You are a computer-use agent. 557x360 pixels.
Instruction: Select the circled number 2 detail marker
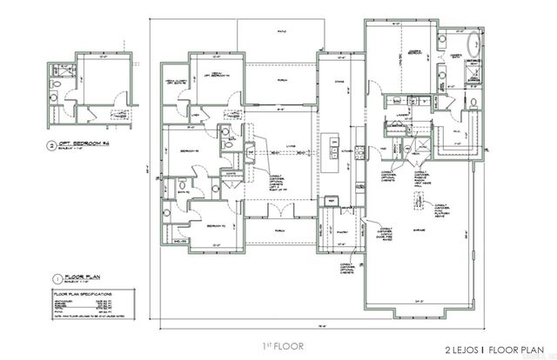pyautogui.click(x=52, y=143)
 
